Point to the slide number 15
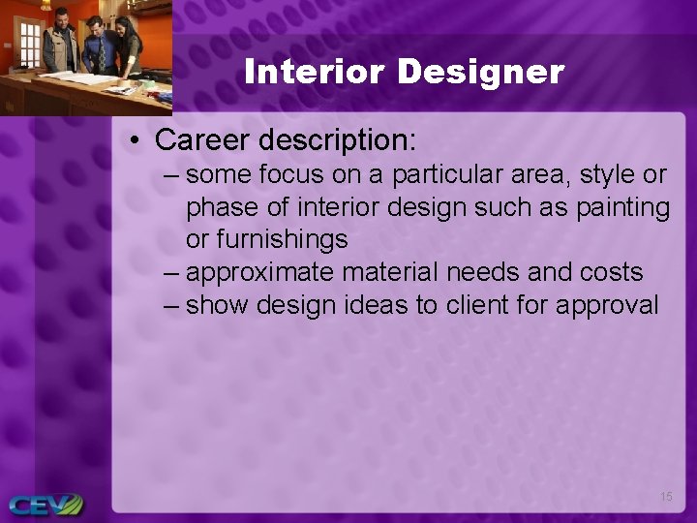pyautogui.click(x=666, y=497)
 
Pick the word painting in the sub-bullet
pyautogui.click(x=623, y=207)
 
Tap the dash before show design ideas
pyautogui.click(x=171, y=305)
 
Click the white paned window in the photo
pyautogui.click(x=30, y=44)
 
